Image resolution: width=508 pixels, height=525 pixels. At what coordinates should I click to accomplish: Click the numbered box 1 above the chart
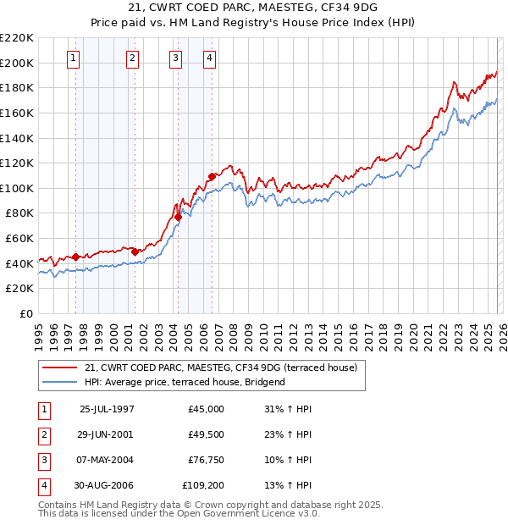pyautogui.click(x=75, y=58)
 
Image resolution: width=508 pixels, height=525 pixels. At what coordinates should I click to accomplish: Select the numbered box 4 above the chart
pyautogui.click(x=209, y=58)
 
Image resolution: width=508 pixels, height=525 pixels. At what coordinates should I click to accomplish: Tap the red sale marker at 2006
pyautogui.click(x=212, y=177)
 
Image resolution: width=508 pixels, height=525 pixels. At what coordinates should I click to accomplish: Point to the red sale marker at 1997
pyautogui.click(x=76, y=257)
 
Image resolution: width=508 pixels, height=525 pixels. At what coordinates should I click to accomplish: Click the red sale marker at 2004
pyautogui.click(x=178, y=218)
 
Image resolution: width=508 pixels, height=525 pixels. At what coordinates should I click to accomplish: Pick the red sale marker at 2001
pyautogui.click(x=135, y=251)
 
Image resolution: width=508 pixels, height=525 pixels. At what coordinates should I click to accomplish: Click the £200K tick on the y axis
pyautogui.click(x=16, y=63)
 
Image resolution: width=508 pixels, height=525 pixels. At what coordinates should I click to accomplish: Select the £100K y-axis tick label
pyautogui.click(x=16, y=188)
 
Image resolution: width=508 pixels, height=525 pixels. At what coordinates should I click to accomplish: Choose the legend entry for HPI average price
pyautogui.click(x=185, y=382)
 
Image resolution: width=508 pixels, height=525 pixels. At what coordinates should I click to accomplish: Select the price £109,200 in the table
pyautogui.click(x=202, y=485)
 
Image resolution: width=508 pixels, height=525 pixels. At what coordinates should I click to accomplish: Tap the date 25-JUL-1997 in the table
pyautogui.click(x=107, y=409)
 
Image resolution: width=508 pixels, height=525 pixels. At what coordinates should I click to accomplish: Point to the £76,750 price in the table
pyautogui.click(x=206, y=460)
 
